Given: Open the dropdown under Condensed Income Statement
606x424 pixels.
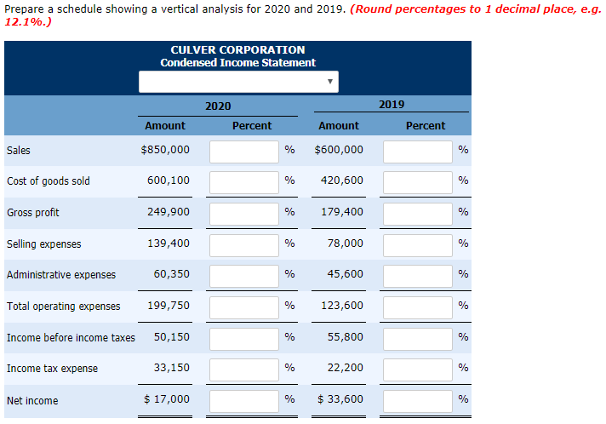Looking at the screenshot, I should click(239, 82).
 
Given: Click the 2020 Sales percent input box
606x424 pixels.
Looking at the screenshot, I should click(244, 151).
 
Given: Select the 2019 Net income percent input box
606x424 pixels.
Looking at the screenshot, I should click(417, 400).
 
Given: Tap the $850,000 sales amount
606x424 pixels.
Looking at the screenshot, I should click(165, 151).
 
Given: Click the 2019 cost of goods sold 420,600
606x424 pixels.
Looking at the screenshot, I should click(341, 180).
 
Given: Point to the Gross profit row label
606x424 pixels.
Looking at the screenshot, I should click(33, 212).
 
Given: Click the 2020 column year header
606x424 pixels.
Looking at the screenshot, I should click(218, 105).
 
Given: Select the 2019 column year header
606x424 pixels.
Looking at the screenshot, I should click(392, 105).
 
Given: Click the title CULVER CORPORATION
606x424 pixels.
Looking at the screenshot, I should click(237, 49).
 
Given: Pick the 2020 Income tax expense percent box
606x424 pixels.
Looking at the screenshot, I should click(244, 369).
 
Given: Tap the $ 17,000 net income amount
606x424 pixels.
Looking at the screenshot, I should click(167, 399).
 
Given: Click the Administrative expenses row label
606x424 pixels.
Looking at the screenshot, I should click(61, 275).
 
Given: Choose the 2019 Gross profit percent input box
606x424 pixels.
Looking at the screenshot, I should click(417, 212).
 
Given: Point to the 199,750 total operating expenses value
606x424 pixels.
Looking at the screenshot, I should click(169, 305).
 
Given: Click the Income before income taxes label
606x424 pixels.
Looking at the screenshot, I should click(71, 338).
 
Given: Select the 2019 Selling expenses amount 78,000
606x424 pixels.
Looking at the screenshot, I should click(345, 244).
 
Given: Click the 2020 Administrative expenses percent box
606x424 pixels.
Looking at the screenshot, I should click(244, 275).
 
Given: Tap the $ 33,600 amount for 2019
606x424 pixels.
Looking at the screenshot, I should click(340, 399).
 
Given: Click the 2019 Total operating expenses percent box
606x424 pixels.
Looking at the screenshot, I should click(417, 306).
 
